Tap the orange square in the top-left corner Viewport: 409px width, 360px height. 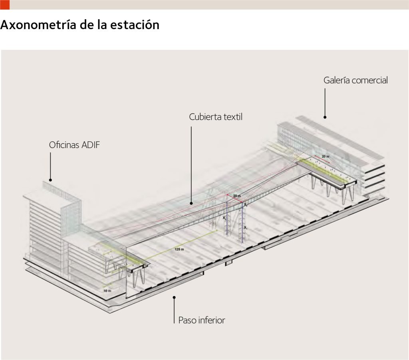tap(4, 4)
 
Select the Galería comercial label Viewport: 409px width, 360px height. tap(355, 80)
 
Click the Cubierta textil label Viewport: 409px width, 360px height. tap(216, 117)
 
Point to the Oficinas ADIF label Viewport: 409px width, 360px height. tap(74, 145)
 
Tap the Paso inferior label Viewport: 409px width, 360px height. tap(201, 320)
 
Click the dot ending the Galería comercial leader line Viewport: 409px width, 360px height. tap(325, 117)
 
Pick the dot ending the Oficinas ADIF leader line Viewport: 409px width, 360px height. tap(51, 180)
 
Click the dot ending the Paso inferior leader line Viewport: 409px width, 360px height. tap(174, 297)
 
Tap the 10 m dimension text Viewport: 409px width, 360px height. tap(106, 291)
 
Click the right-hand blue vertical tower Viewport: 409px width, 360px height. tap(242, 222)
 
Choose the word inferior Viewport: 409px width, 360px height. tap(211, 320)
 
